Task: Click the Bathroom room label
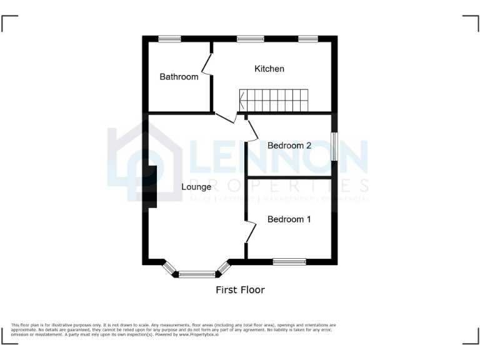179,77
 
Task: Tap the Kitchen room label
269,69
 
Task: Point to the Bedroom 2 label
289,146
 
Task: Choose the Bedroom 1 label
289,219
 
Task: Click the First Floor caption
240,290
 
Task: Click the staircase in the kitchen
274,100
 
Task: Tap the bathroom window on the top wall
169,39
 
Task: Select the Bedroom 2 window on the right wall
334,146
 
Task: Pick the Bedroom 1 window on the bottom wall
289,262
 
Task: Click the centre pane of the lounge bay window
197,274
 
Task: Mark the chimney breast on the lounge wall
150,185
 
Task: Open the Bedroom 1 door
251,232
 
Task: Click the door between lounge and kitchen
226,117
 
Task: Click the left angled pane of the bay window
169,268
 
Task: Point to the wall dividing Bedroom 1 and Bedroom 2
289,178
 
